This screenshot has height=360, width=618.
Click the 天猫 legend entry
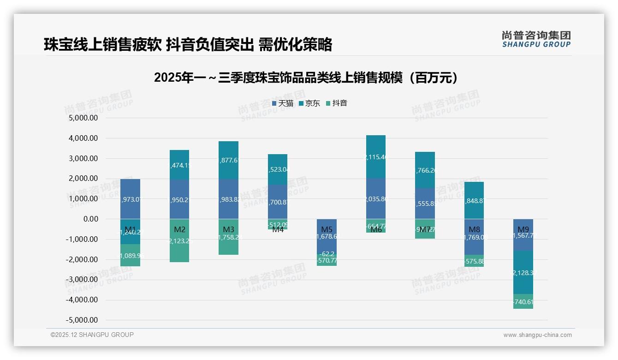(x=283, y=103)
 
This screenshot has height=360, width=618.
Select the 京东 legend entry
(x=309, y=103)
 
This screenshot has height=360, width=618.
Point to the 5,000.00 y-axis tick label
(x=83, y=118)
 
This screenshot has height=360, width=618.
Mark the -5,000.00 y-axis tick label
(x=83, y=320)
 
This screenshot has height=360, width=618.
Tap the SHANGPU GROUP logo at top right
(x=536, y=39)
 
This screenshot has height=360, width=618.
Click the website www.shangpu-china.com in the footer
(x=537, y=335)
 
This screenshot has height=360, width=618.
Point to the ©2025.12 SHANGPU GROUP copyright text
(x=92, y=335)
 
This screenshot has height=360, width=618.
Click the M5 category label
(x=327, y=229)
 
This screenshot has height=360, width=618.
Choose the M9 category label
(x=523, y=229)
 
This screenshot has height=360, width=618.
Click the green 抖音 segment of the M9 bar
(x=523, y=301)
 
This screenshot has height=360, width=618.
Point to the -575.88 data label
(x=474, y=261)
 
